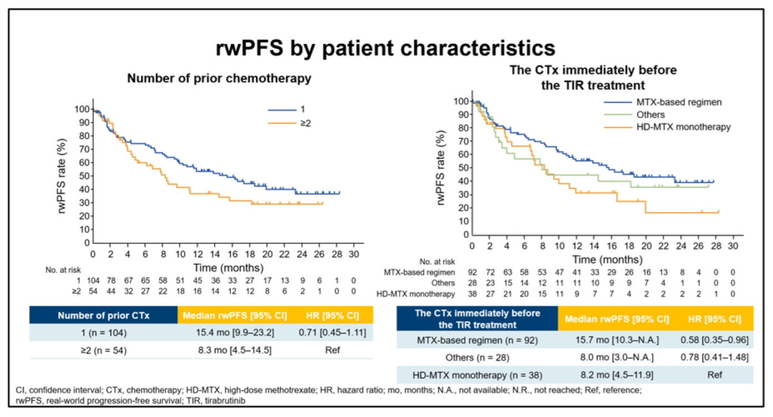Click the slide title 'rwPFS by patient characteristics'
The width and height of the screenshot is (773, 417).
[x=386, y=48]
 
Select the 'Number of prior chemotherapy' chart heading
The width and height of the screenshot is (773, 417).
[x=219, y=78]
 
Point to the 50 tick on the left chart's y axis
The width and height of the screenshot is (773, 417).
[x=84, y=176]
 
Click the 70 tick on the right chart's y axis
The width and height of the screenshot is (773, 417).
[x=463, y=141]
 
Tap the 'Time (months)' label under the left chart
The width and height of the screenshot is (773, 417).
[x=229, y=268]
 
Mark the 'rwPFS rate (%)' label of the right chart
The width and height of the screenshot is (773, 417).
[x=441, y=168]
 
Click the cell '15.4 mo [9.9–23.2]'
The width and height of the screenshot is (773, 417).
[x=235, y=333]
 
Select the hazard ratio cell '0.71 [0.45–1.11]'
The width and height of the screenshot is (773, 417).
[x=332, y=333]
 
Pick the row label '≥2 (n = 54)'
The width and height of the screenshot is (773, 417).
[x=104, y=350]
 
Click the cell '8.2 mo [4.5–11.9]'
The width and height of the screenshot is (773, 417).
[x=617, y=375]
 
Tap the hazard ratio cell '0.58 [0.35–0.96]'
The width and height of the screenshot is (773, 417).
[x=714, y=340]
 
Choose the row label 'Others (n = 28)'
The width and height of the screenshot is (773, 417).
[x=477, y=358]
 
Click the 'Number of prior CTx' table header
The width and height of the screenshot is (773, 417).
[x=104, y=316]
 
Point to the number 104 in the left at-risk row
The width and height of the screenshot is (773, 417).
[x=93, y=281]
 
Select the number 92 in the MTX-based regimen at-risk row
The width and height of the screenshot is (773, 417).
[x=472, y=272]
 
